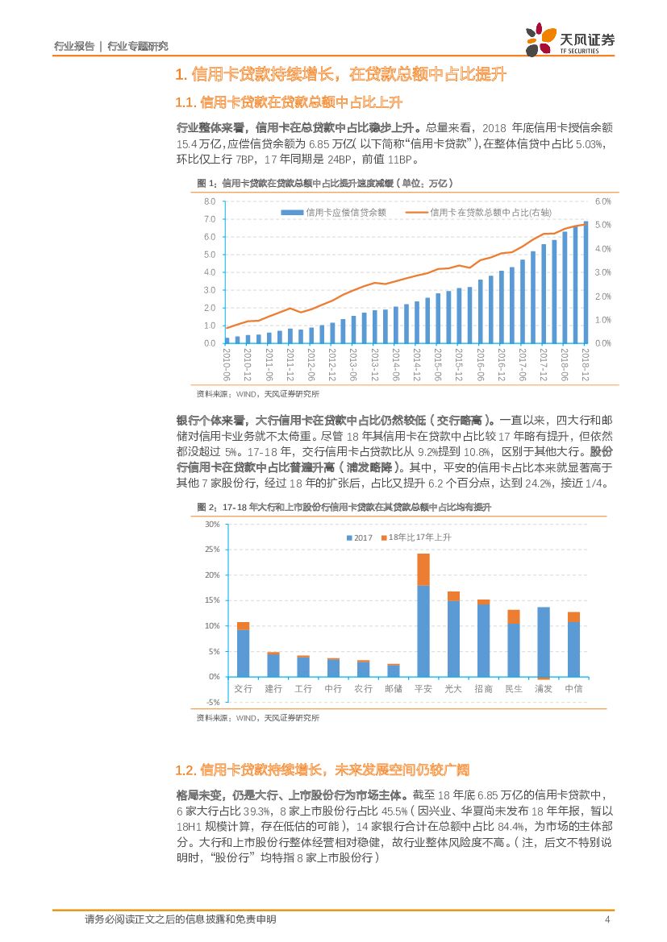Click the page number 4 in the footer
pos(607,919)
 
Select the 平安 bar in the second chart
pos(423,616)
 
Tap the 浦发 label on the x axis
pos(544,689)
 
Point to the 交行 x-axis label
pos(243,689)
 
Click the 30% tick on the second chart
pos(212,525)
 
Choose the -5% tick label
pos(212,702)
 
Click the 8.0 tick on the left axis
pos(209,201)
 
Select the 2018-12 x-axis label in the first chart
pos(586,366)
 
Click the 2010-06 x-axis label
pos(227,366)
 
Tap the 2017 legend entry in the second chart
pos(360,537)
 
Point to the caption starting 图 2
pos(344,507)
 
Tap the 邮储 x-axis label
pos(393,689)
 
